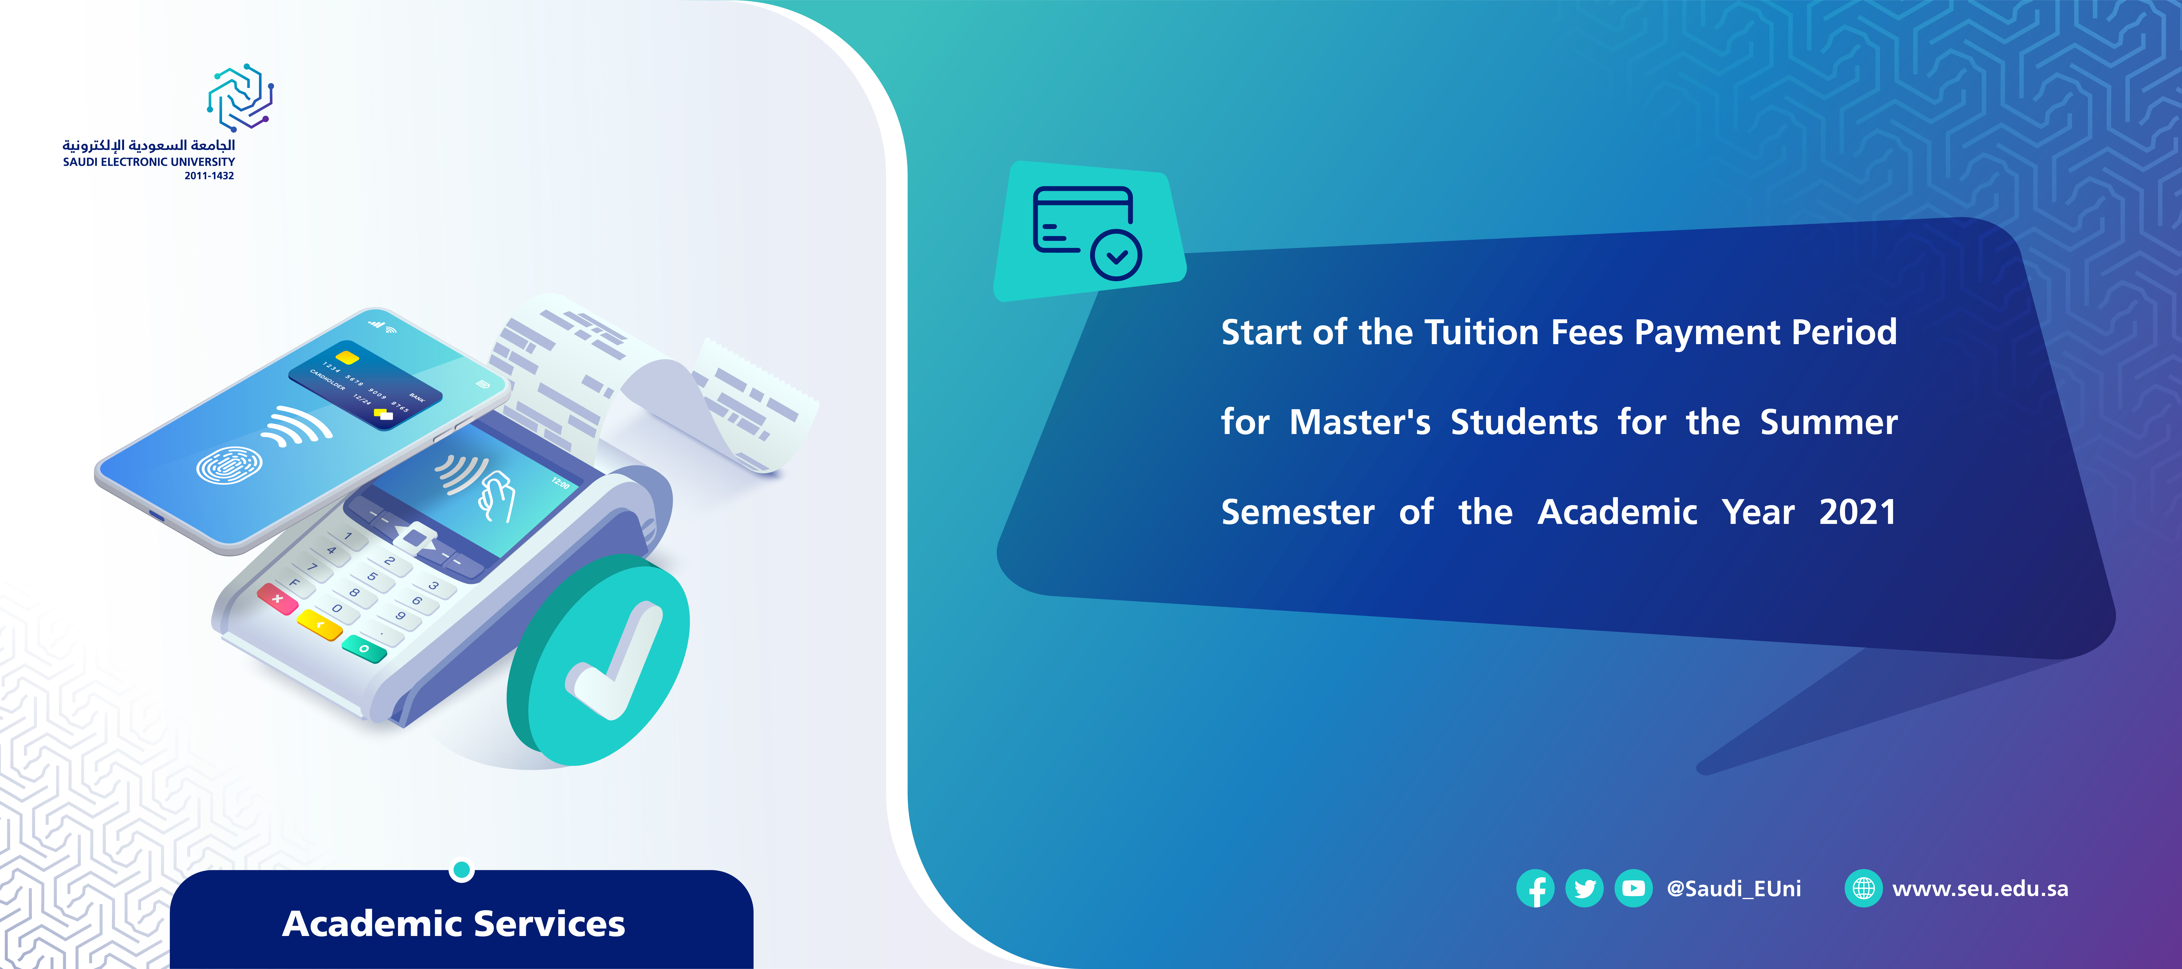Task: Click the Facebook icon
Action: pos(1535,889)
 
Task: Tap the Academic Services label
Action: pos(454,923)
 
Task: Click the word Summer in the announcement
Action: pos(1829,422)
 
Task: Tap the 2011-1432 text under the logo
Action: pos(209,176)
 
